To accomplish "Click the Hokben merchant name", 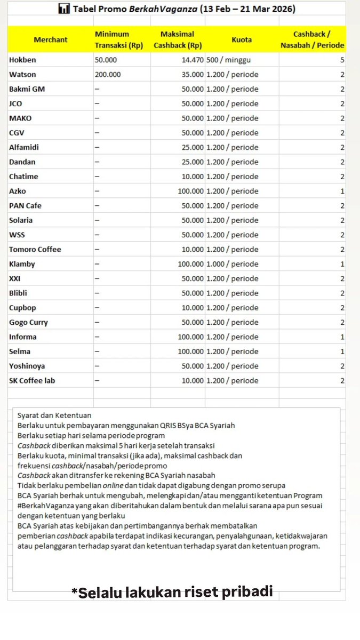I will (x=22, y=60).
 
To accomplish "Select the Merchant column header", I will (x=50, y=40).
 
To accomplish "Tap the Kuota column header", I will (x=242, y=40).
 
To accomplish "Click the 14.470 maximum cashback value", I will (x=189, y=60).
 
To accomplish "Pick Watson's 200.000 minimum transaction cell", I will (x=108, y=75).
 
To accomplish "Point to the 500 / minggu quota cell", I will (x=229, y=60).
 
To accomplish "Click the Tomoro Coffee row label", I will (x=35, y=249).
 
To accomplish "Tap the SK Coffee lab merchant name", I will (x=32, y=380).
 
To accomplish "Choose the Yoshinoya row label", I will (x=27, y=366).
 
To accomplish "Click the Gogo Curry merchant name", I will (x=28, y=322).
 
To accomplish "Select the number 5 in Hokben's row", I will (x=342, y=60).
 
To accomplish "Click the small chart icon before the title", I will (x=64, y=9).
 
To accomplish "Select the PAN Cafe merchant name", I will (x=25, y=205).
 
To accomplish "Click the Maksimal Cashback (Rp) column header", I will (x=178, y=40).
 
